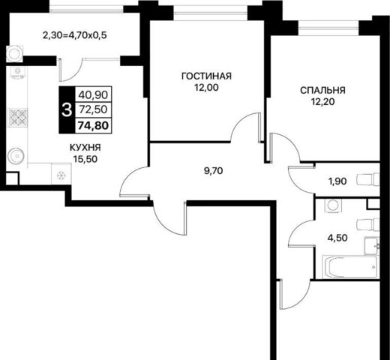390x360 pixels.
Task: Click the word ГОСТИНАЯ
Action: (206, 76)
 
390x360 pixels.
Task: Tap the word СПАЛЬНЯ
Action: (322, 90)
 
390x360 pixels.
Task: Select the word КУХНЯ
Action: (85, 148)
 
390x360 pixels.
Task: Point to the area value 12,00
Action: (207, 88)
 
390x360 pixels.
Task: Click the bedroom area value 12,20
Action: (322, 102)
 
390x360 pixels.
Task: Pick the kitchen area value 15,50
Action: (85, 159)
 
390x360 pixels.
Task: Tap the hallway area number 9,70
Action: (214, 171)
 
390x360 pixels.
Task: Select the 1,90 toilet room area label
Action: (337, 181)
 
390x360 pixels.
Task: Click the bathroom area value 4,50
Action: (337, 238)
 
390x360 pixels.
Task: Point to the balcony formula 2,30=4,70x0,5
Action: (75, 35)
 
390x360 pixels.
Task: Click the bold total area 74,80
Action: (93, 125)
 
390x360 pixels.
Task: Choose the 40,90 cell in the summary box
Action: (93, 94)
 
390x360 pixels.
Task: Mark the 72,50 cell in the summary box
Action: (93, 109)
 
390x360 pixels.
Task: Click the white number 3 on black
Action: (67, 110)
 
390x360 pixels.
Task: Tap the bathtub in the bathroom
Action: (349, 266)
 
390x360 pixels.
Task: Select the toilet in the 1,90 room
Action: (367, 180)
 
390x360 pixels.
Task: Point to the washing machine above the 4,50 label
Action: (332, 205)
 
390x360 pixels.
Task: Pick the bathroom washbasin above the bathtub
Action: (371, 246)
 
